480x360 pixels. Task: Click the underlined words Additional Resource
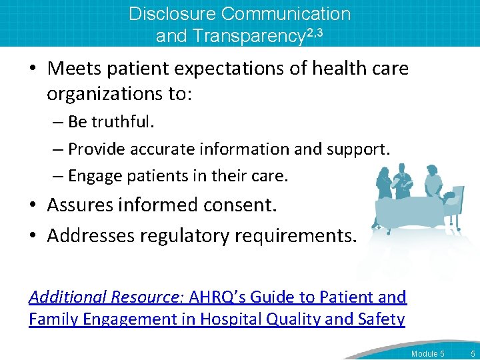pyautogui.click(x=107, y=297)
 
